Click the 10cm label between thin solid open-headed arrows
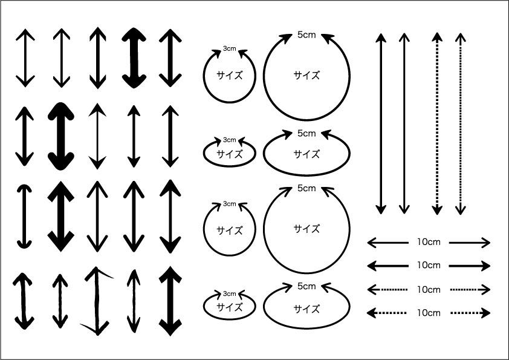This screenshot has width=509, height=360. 429,242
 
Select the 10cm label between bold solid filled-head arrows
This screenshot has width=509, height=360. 429,265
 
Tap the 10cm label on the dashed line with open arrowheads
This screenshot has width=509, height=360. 429,289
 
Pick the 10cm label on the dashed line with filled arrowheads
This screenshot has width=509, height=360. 429,313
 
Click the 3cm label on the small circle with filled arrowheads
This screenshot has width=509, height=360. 230,49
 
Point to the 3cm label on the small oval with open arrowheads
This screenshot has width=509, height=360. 230,293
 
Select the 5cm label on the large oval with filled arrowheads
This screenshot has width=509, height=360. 306,133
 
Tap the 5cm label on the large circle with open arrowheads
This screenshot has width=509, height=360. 306,188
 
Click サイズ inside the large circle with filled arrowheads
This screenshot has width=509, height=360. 306,76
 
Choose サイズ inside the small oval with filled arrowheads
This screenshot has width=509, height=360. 230,154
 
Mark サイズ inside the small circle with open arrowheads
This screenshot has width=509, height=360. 230,231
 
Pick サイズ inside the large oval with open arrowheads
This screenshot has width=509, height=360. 306,309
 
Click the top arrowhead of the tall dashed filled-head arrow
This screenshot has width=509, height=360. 437,37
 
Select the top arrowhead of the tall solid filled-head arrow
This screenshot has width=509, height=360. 381,38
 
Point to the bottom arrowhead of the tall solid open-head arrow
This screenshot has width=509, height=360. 404,209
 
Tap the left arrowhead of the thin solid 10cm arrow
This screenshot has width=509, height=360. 372,243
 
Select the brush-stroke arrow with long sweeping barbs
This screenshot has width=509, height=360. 97,301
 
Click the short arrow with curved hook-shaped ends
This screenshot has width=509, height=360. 24,217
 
